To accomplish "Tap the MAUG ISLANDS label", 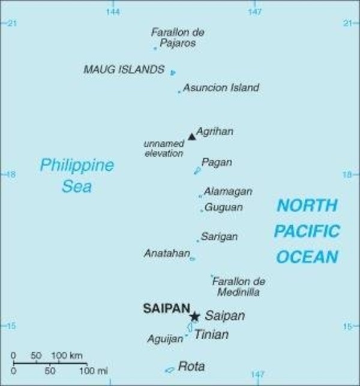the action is tap(124, 70).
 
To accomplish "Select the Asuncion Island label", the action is tap(221, 88).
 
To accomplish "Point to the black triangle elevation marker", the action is tap(191, 137).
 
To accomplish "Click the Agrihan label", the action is tap(215, 131).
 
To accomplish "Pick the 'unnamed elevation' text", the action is tap(163, 149).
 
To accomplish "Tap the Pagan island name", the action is tap(217, 162).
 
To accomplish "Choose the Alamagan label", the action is tap(227, 192).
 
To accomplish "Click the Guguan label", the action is tap(224, 207).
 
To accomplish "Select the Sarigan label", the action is tap(219, 237).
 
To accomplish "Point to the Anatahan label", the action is tap(166, 253).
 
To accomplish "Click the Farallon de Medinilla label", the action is tap(238, 287).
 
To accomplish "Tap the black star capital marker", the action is tap(194, 316).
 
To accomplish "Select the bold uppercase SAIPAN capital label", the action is tap(166, 309).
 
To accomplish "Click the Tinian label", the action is tap(211, 334).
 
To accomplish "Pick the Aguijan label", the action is tap(164, 339).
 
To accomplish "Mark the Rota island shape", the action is tap(170, 369).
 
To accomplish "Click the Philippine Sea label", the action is tap(77, 176).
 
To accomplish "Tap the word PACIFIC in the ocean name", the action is tap(307, 231).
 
